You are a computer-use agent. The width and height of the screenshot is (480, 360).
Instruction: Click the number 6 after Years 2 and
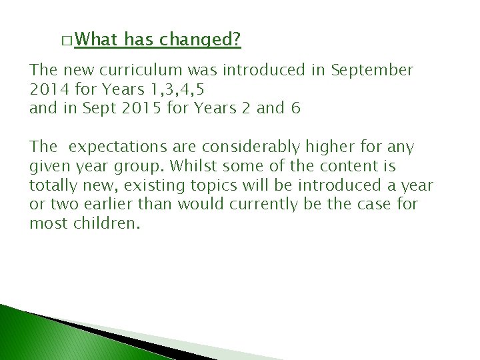tap(295, 108)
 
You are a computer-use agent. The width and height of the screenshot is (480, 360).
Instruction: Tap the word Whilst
tap(193, 166)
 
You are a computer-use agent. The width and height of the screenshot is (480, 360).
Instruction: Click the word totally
tap(52, 185)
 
